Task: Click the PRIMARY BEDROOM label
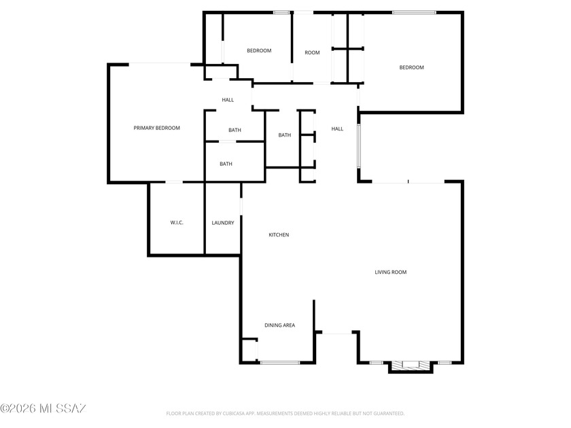coord(156,128)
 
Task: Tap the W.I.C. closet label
coord(177,222)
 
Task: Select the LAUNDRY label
coord(223,223)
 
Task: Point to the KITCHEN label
coord(279,235)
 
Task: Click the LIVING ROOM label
coord(391,272)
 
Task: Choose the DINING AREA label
coord(279,325)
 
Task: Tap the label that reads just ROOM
coord(312,52)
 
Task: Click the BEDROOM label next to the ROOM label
coord(259,50)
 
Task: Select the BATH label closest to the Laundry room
coord(226,164)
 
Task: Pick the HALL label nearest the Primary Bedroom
coord(228,100)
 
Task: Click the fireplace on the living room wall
coord(411,365)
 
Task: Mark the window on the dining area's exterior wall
coord(279,363)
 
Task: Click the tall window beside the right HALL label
coord(359,146)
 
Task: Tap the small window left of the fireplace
coord(376,363)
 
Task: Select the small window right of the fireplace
coord(445,363)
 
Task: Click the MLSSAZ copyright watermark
coord(43,408)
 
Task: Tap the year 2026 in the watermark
coord(22,408)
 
